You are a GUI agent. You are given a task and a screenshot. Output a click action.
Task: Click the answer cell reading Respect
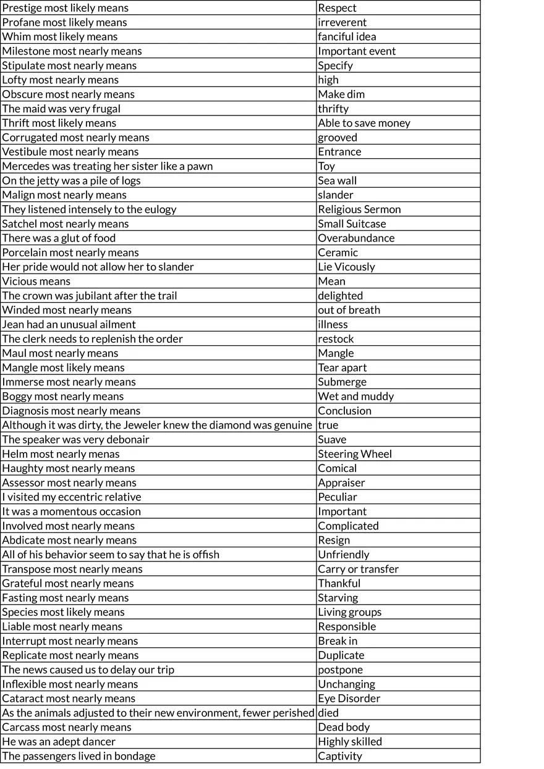(337, 8)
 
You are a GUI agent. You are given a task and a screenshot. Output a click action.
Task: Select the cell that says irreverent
(342, 22)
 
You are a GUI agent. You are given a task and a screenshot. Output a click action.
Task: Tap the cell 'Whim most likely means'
(60, 36)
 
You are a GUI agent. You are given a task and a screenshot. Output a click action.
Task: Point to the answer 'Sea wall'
(337, 180)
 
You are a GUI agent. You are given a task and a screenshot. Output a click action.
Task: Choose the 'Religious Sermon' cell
(359, 209)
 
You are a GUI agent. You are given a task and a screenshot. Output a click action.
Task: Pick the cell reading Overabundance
(356, 238)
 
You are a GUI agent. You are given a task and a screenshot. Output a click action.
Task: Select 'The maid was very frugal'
(61, 109)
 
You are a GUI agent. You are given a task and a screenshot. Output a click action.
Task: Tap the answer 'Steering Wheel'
(355, 454)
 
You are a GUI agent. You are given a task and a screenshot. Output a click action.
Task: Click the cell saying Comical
(337, 468)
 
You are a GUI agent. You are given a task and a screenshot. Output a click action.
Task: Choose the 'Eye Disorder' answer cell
(349, 699)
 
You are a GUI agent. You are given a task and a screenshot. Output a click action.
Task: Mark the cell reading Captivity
(340, 756)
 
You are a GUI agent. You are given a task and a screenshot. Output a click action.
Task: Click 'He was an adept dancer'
(59, 742)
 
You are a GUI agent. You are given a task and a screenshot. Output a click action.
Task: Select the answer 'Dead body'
(344, 727)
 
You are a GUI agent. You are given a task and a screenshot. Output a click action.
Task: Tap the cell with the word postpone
(340, 670)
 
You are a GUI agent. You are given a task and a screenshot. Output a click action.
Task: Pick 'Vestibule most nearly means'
(70, 152)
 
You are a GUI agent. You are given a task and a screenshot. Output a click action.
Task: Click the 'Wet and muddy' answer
(355, 397)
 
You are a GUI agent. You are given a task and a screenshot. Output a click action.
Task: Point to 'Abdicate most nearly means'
(69, 540)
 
